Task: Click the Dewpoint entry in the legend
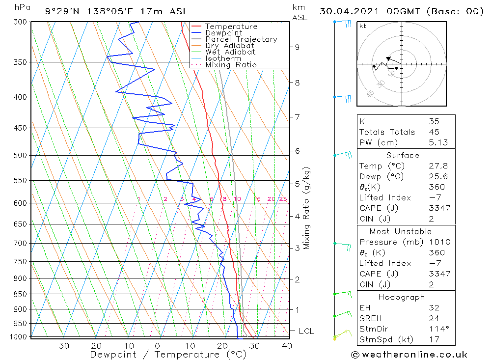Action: (223, 33)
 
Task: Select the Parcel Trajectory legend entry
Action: (241, 39)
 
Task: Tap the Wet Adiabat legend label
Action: (230, 52)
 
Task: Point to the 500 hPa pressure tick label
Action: (20, 156)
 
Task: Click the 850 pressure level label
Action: (20, 295)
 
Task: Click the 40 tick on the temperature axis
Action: (287, 346)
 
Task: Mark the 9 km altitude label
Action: (297, 47)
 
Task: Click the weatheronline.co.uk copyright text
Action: (409, 355)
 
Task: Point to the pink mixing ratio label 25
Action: (283, 199)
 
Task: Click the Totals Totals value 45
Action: (434, 132)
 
